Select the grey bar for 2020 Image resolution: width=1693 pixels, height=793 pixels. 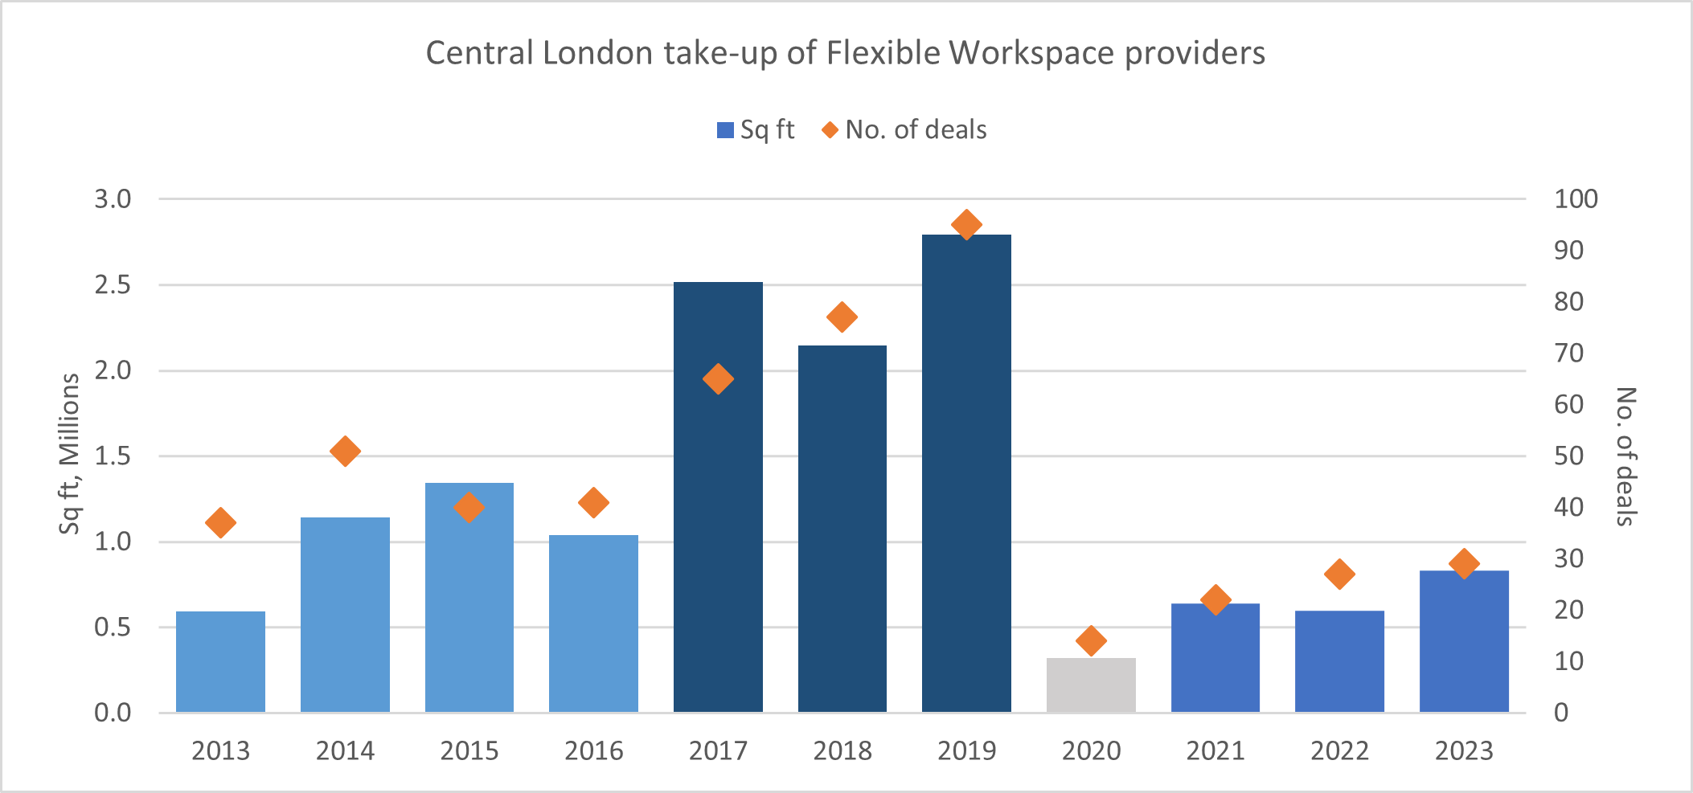pyautogui.click(x=1091, y=685)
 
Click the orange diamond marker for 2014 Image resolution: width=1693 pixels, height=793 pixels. pyautogui.click(x=345, y=452)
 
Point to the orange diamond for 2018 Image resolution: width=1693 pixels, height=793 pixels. pyautogui.click(x=842, y=317)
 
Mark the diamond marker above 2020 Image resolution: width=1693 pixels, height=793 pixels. pyautogui.click(x=1091, y=640)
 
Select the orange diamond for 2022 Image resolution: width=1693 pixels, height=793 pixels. pyautogui.click(x=1339, y=574)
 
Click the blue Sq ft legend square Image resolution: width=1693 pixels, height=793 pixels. pyautogui.click(x=725, y=130)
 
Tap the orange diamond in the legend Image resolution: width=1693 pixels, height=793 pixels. pyautogui.click(x=830, y=130)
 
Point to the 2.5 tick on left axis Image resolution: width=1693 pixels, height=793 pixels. pyautogui.click(x=113, y=285)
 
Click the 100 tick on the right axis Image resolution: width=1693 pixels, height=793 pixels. pyautogui.click(x=1576, y=199)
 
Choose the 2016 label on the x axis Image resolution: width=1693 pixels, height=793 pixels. pyautogui.click(x=593, y=750)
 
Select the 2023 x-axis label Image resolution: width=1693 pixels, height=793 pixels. pyautogui.click(x=1464, y=750)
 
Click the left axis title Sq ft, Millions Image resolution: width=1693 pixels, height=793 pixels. pyautogui.click(x=70, y=454)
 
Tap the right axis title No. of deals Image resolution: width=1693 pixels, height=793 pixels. pyautogui.click(x=1625, y=456)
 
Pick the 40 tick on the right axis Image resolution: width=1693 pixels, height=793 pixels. pyautogui.click(x=1568, y=507)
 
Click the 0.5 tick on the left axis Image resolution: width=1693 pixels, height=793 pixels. pyautogui.click(x=113, y=627)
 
